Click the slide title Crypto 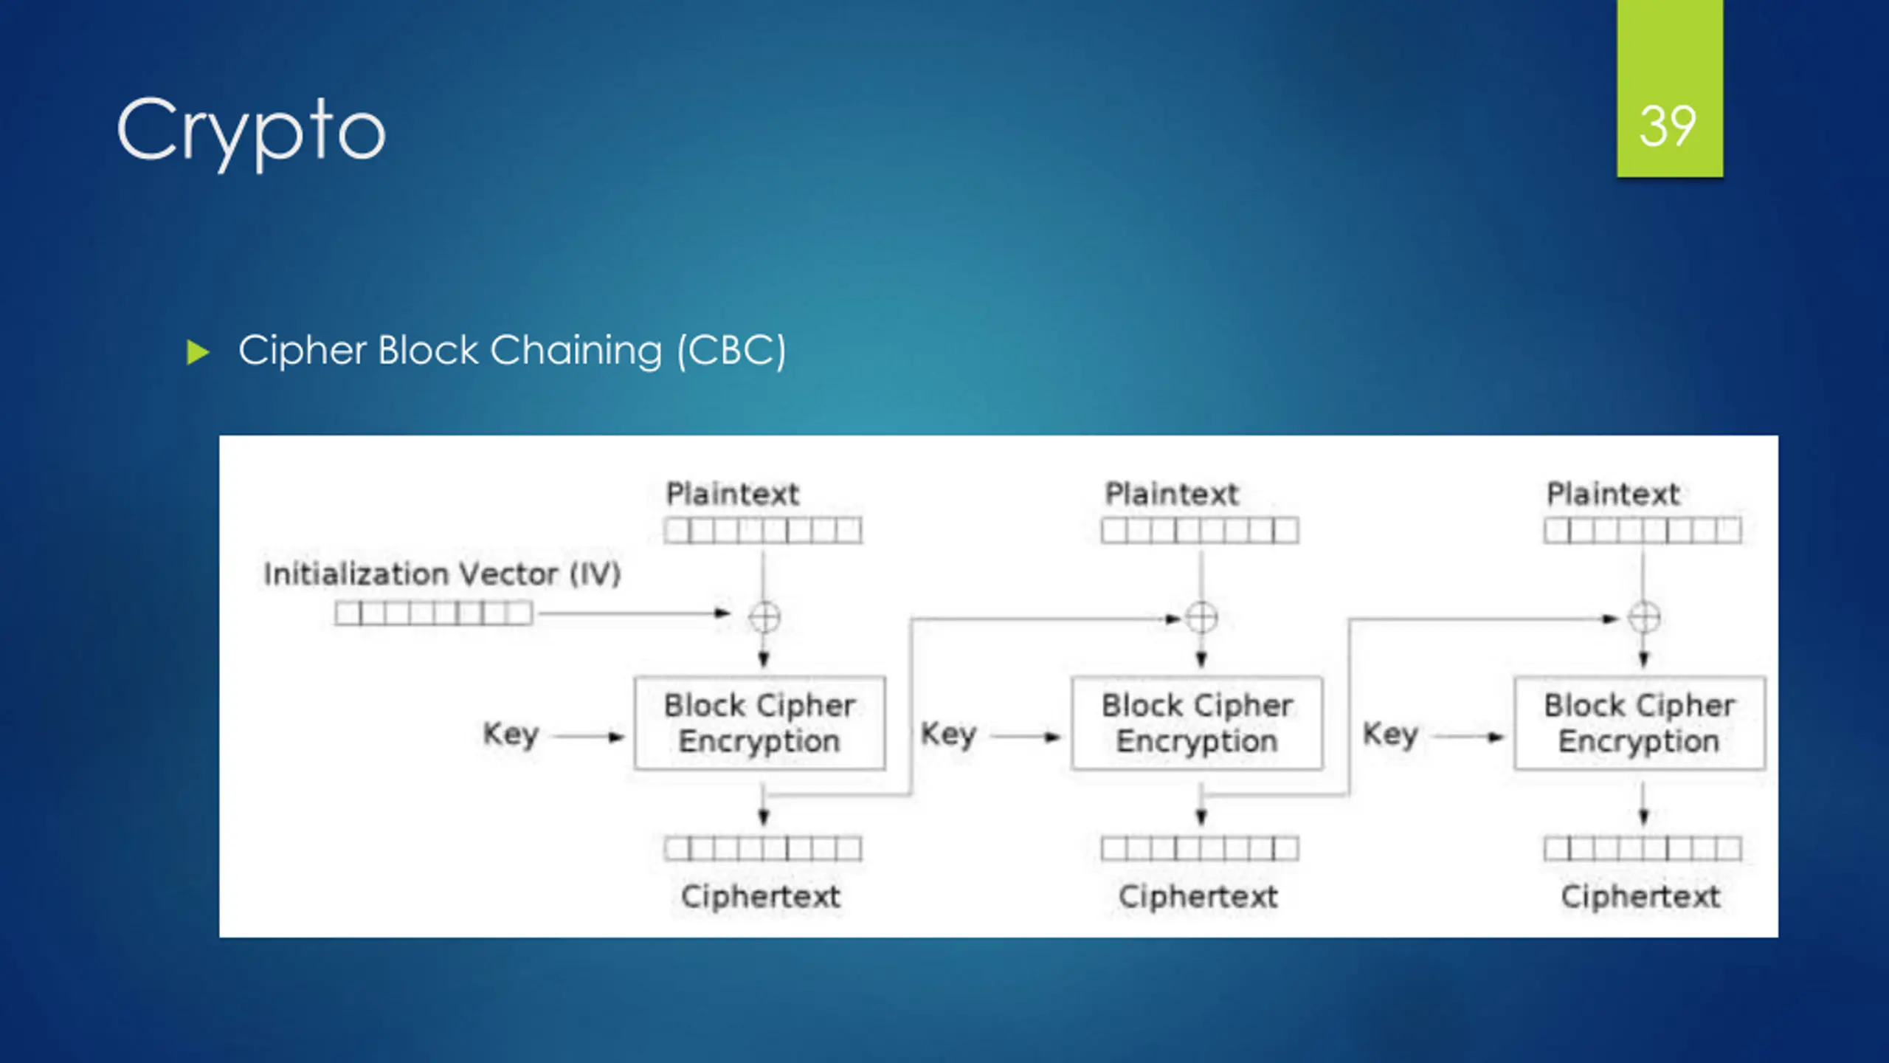pos(251,131)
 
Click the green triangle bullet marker pos(198,352)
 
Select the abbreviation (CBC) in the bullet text pos(731,351)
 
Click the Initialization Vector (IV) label pos(442,574)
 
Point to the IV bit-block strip pos(433,613)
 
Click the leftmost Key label pos(511,735)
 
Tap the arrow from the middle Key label pos(1025,736)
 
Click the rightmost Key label pos(1390,735)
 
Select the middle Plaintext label pos(1172,494)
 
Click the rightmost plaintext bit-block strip pos(1643,530)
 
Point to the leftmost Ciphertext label pos(761,897)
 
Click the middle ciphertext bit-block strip pos(1200,849)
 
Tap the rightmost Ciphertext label pos(1640,897)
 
